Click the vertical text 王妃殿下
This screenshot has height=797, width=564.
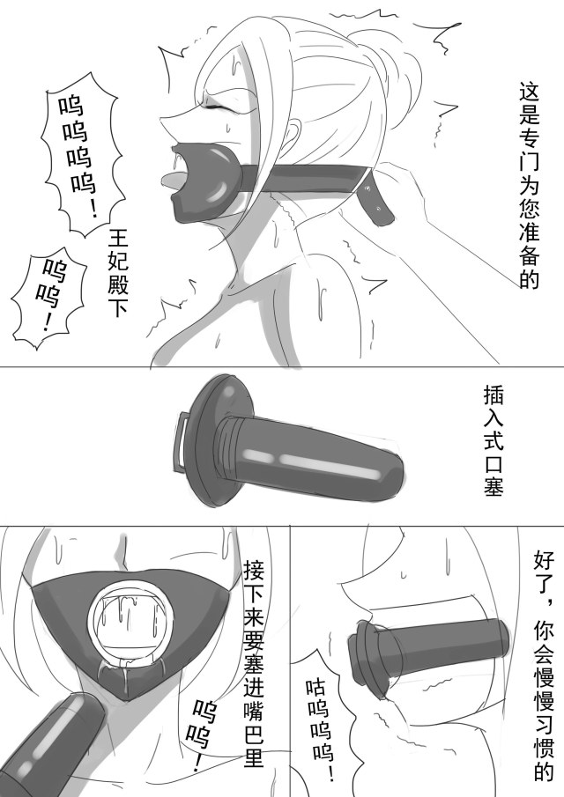pos(119,272)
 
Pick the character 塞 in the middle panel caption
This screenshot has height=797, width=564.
pos(493,486)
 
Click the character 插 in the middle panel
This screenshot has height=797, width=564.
pos(493,395)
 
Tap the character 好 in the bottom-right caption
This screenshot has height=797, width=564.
pos(543,561)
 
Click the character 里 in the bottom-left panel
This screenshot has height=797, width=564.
pos(253,756)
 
